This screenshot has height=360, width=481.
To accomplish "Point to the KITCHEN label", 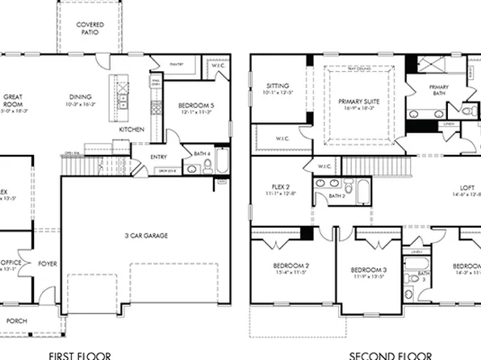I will pyautogui.click(x=132, y=130).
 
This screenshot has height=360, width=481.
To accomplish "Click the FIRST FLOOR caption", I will pyautogui.click(x=80, y=354).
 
